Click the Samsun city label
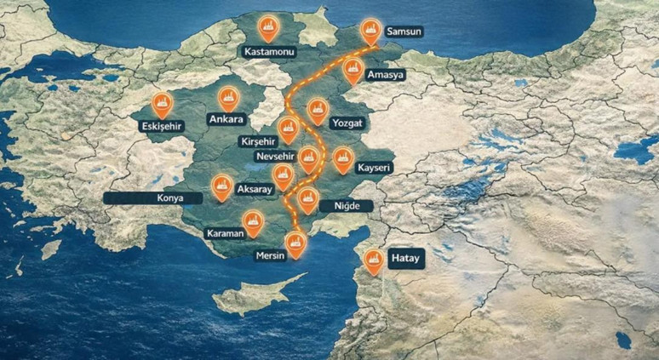[x=404, y=32]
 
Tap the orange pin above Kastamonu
[x=269, y=28]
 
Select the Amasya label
[x=385, y=75]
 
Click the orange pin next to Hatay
[x=373, y=260]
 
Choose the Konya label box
[x=153, y=197]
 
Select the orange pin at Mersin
[x=295, y=243]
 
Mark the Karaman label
[x=225, y=232]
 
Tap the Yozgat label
[x=347, y=123]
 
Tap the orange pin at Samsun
[x=370, y=31]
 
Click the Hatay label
[x=404, y=258]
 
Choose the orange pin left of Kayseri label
[x=342, y=158]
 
